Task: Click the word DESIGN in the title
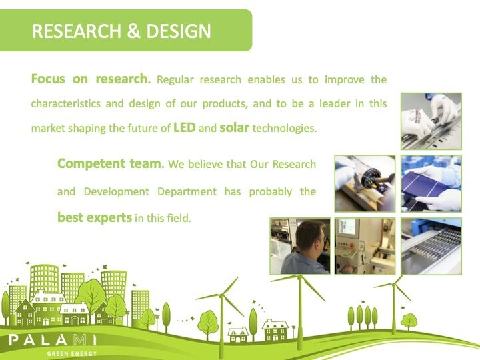tap(179, 31)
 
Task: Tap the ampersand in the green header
tap(133, 31)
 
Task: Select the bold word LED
tap(184, 127)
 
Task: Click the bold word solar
tap(235, 127)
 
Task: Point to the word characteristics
tap(66, 103)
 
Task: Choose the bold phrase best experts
tap(95, 217)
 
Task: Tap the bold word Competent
tap(91, 163)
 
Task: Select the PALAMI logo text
tap(53, 340)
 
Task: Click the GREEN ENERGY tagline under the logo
tap(72, 353)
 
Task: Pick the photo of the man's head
tap(300, 246)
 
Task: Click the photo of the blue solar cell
tap(431, 183)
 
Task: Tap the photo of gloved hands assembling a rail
tap(431, 121)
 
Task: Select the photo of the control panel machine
tap(365, 246)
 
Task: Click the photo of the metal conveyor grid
tap(431, 246)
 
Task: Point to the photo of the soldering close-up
tap(365, 183)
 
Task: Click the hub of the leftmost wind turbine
tap(222, 295)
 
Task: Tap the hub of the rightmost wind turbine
tap(394, 285)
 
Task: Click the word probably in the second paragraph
tap(270, 191)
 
